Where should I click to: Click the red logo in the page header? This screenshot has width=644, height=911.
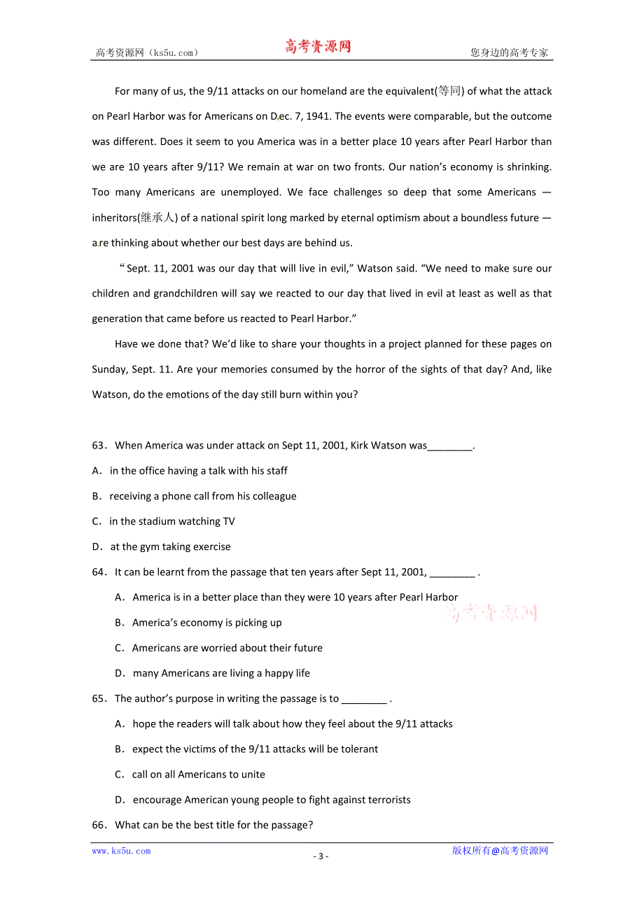[x=318, y=47]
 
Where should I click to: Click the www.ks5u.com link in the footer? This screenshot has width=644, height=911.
[x=121, y=851]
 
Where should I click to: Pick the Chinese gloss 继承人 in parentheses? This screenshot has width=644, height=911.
[x=157, y=218]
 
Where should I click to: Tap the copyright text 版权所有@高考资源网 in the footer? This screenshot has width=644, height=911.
[x=500, y=851]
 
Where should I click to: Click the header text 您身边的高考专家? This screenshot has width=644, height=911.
[x=510, y=52]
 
